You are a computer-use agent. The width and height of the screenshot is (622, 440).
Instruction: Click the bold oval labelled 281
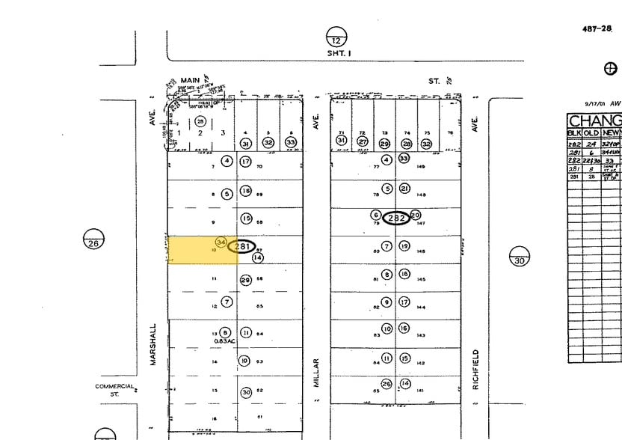[x=243, y=245]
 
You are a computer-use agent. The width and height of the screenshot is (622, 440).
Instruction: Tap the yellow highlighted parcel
[x=194, y=251]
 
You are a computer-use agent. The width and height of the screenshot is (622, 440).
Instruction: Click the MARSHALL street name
[x=154, y=344]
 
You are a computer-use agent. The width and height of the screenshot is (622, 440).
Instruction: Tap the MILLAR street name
[x=317, y=370]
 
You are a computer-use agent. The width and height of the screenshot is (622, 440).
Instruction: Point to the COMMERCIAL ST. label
[x=114, y=390]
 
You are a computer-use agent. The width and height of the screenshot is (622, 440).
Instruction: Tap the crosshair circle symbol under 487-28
[x=611, y=68]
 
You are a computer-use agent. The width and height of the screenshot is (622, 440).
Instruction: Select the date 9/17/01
[x=597, y=104]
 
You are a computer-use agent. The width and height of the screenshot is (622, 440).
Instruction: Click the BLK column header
[x=574, y=132]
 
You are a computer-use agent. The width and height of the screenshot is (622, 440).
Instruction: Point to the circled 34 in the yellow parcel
[x=221, y=242]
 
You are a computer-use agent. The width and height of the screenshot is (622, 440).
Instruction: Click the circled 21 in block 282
[x=404, y=189]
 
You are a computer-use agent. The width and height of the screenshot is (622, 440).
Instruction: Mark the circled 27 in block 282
[x=363, y=141]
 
